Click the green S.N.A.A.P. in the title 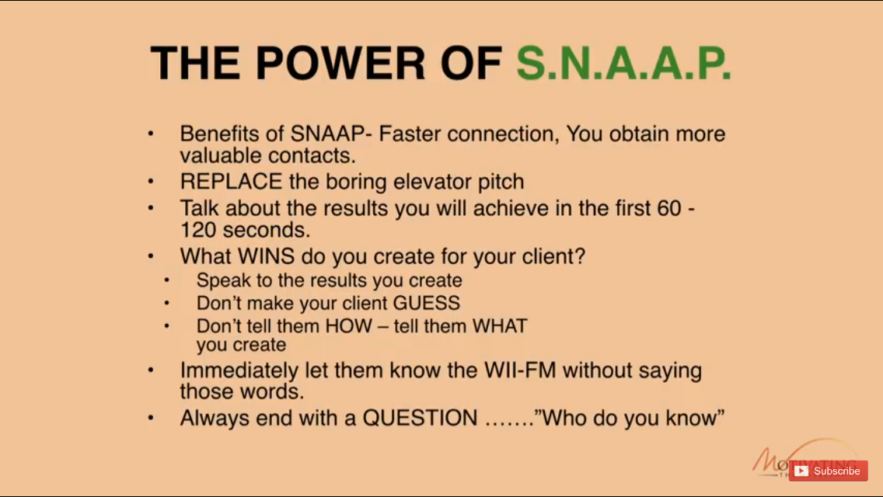623,64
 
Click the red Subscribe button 828,471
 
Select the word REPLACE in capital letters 231,182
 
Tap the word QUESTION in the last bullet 421,418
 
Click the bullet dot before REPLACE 150,182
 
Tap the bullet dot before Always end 150,418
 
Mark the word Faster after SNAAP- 410,134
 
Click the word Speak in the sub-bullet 220,280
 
